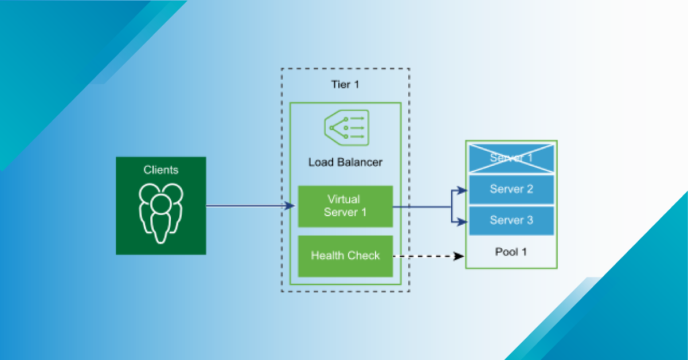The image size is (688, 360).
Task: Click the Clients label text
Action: pos(161,170)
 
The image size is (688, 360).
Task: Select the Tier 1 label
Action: pos(345,85)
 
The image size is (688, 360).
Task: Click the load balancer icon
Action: pos(346,128)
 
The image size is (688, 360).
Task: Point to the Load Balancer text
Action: pos(345,162)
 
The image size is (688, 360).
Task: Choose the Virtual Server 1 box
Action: pos(345,206)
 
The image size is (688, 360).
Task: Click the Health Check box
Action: pos(345,256)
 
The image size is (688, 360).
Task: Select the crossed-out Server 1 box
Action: pos(511,158)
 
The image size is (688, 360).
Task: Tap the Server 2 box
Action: pos(511,189)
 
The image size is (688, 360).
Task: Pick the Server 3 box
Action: pos(511,220)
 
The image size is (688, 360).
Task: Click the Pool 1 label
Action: pos(510,252)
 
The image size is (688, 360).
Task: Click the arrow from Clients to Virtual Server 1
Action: pos(247,206)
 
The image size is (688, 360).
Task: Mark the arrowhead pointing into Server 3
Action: pos(464,221)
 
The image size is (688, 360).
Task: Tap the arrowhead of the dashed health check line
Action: pos(459,256)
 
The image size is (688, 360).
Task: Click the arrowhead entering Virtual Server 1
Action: pos(291,206)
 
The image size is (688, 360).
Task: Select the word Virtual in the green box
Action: pos(343,199)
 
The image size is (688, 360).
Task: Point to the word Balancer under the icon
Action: pos(359,162)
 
